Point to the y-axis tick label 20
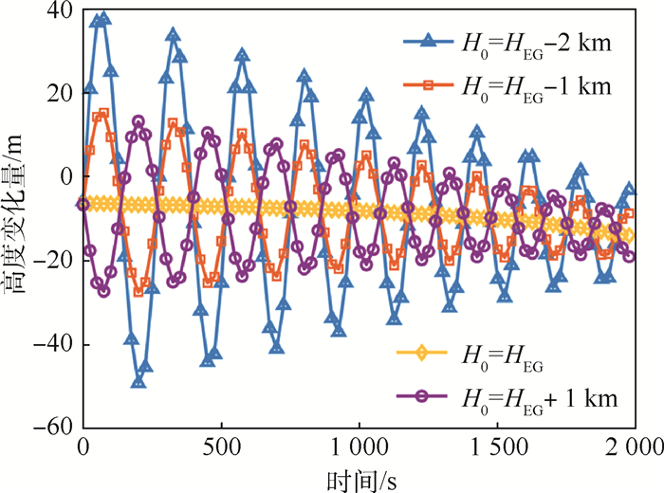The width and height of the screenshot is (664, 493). click(x=60, y=94)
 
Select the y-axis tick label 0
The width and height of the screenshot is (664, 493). click(x=65, y=177)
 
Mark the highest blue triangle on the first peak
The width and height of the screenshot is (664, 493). click(x=103, y=18)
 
